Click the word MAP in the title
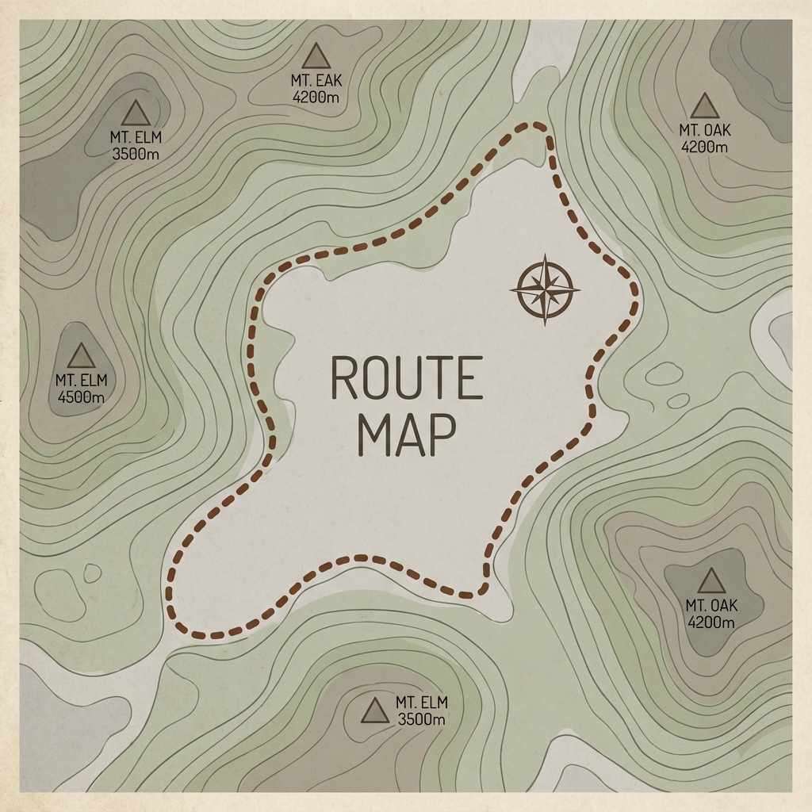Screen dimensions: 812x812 pyautogui.click(x=406, y=435)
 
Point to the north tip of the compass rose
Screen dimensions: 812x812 pyautogui.click(x=545, y=259)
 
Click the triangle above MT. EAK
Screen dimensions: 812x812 pyautogui.click(x=317, y=56)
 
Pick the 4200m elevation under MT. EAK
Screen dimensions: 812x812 pyautogui.click(x=317, y=97)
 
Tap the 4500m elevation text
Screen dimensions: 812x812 pyautogui.click(x=80, y=396)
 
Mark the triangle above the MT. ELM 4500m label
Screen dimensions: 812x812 pyautogui.click(x=81, y=357)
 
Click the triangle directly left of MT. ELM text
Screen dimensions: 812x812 pyautogui.click(x=374, y=711)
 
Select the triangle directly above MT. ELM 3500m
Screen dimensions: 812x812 pyautogui.click(x=136, y=113)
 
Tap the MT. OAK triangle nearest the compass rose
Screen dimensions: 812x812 pyautogui.click(x=704, y=105)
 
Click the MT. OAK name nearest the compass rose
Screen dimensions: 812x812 pyautogui.click(x=705, y=130)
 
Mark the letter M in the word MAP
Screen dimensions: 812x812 pyautogui.click(x=373, y=435)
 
